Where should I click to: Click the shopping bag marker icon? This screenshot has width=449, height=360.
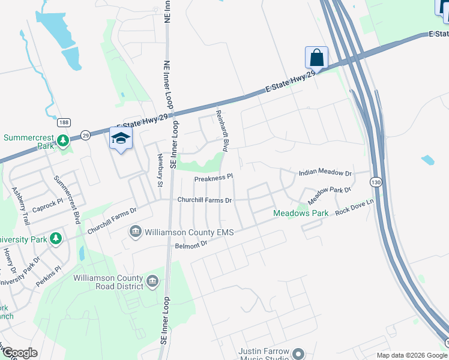point(316,58)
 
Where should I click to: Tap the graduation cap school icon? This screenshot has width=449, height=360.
point(121,138)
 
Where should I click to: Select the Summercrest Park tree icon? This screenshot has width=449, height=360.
point(63,141)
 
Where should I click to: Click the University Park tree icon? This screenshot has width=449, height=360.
point(56,239)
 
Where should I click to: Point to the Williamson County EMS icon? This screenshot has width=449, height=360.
point(135,231)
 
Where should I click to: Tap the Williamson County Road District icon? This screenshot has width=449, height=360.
point(152,281)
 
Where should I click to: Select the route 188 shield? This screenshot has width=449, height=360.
point(63,122)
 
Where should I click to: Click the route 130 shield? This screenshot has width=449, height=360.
point(376,181)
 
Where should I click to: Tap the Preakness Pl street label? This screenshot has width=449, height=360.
point(213,178)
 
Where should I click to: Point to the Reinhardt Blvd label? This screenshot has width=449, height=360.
point(222,130)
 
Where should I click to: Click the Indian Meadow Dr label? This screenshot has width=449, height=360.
point(325,173)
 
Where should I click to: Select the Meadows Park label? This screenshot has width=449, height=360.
point(301,213)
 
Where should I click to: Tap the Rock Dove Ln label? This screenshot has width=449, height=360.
point(354,210)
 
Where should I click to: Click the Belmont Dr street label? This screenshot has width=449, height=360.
point(191,245)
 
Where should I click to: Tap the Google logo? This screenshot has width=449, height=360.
point(19,353)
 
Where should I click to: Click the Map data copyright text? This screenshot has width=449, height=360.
point(411,355)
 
